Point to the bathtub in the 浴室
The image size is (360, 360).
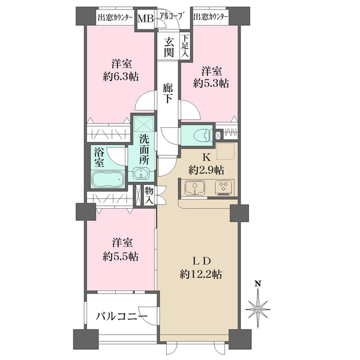click(108, 179)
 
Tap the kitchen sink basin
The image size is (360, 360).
click(195, 188)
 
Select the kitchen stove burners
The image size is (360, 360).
click(223, 188)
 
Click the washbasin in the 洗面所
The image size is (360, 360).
click(140, 175)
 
